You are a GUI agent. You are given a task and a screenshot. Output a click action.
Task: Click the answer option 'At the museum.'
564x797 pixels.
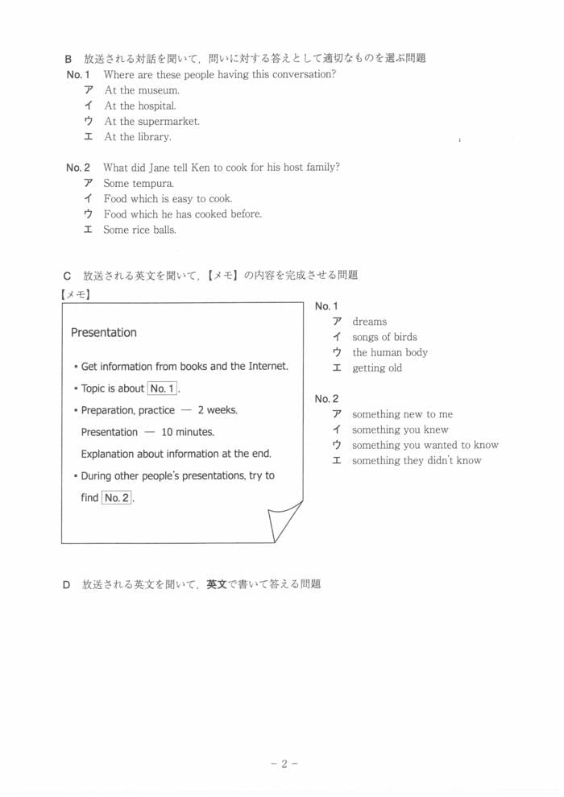142,90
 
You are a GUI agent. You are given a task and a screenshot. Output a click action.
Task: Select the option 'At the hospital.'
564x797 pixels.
140,106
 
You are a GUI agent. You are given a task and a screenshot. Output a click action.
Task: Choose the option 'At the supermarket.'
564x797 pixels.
151,122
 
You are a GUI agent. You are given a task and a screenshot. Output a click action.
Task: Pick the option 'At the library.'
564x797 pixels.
138,137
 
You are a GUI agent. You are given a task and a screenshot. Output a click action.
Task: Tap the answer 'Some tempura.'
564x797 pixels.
139,184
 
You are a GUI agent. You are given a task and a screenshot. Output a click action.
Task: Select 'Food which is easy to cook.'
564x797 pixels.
168,199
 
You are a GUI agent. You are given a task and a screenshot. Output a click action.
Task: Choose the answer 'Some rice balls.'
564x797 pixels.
139,230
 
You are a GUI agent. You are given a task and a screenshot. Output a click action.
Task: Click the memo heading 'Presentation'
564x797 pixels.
104,333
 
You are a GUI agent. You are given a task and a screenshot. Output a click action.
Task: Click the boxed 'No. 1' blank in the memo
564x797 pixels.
162,388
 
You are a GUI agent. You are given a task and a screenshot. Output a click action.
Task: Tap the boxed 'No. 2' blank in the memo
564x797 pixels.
117,498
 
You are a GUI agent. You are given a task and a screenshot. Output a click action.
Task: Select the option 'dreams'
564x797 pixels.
369,322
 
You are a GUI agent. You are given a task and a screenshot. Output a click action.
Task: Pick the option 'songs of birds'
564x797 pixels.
384,337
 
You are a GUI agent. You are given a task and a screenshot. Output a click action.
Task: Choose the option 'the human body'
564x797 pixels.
390,352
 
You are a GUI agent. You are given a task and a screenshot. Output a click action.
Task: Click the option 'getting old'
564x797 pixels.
376,368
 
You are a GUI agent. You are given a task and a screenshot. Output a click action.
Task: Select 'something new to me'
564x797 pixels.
402,414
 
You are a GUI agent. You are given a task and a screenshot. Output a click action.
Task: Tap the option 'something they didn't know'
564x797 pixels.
417,461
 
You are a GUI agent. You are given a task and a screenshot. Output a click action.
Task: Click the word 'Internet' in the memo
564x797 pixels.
265,367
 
